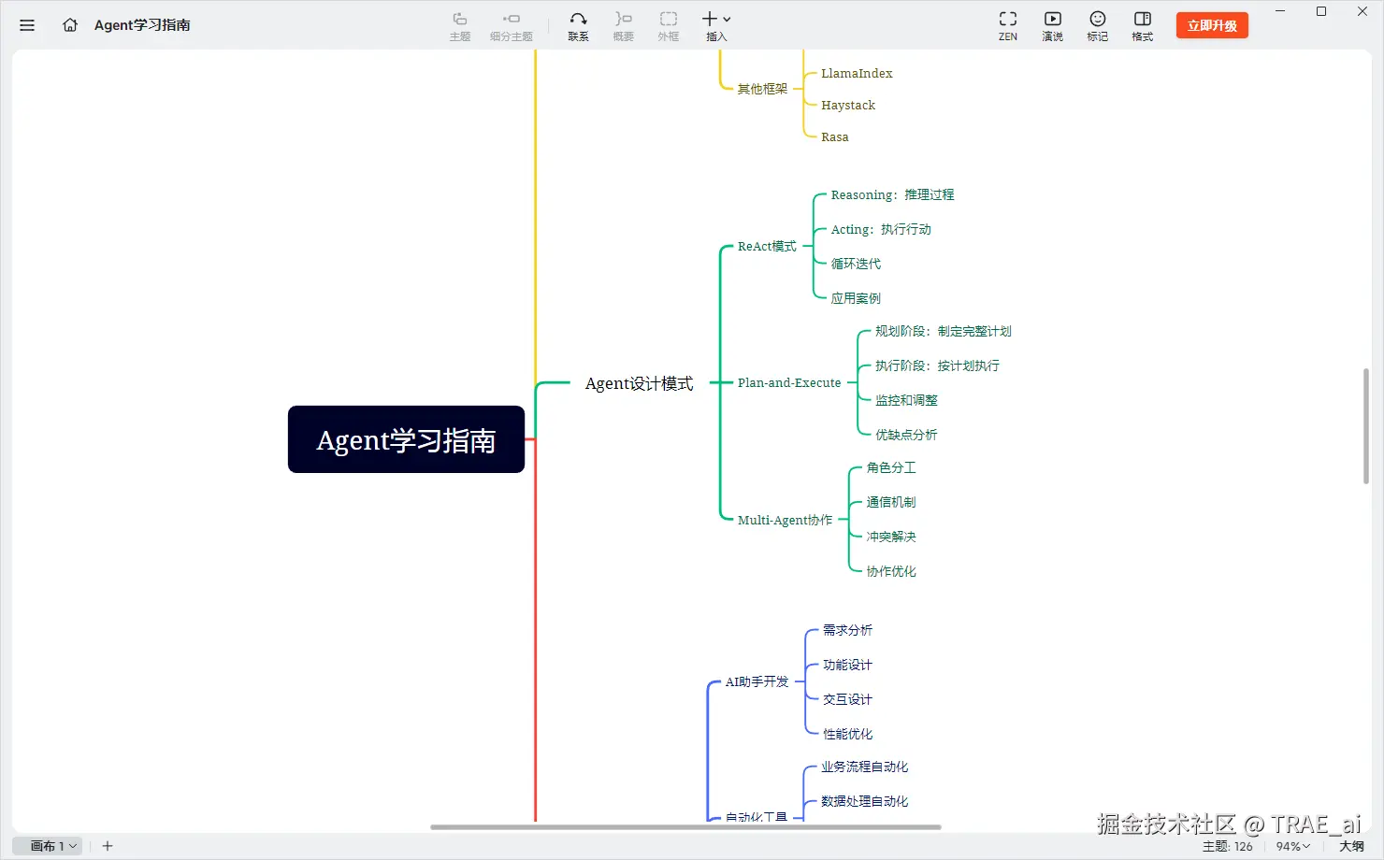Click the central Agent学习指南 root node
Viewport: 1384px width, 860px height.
pyautogui.click(x=406, y=439)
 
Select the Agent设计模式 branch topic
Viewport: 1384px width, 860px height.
pyautogui.click(x=639, y=383)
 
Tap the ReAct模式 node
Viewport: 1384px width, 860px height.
pyautogui.click(x=767, y=246)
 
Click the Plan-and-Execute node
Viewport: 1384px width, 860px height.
pyautogui.click(x=788, y=382)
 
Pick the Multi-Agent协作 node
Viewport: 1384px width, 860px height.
pyautogui.click(x=785, y=520)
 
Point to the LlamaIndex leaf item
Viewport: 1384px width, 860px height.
pyautogui.click(x=857, y=73)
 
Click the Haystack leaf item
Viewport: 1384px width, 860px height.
pyautogui.click(x=848, y=105)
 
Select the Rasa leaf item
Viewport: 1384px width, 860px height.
pyautogui.click(x=835, y=136)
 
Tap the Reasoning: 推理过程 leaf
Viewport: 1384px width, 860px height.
pyautogui.click(x=892, y=194)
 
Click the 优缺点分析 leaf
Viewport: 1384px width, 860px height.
pyautogui.click(x=906, y=435)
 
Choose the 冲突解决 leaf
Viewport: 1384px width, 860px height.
pyautogui.click(x=891, y=537)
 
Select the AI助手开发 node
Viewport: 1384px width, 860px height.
pyautogui.click(x=757, y=681)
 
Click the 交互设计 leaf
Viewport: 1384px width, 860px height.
pyautogui.click(x=847, y=699)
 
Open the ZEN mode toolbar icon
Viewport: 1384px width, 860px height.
pyautogui.click(x=1007, y=24)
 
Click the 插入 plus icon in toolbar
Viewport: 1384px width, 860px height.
pyautogui.click(x=711, y=20)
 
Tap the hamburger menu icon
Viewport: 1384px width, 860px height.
pyautogui.click(x=27, y=25)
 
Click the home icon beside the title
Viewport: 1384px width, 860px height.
pyautogui.click(x=70, y=25)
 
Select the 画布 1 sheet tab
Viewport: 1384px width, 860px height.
pyautogui.click(x=48, y=846)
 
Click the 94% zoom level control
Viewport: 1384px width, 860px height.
pyautogui.click(x=1292, y=846)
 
